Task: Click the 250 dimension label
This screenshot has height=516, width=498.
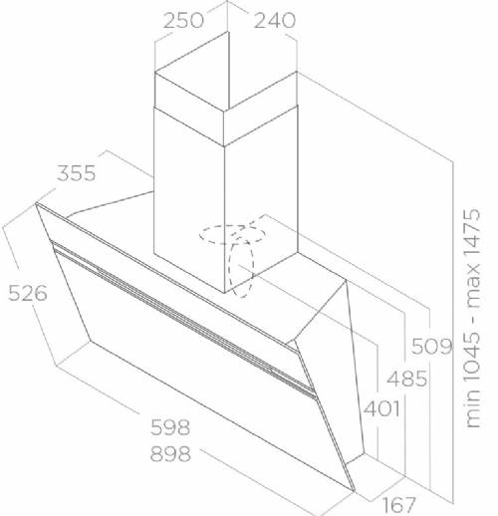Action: coord(183,21)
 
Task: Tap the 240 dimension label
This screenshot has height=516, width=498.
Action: coord(275,21)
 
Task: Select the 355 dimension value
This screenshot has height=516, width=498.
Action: coord(77,173)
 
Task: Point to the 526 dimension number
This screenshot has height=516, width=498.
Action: coord(28,293)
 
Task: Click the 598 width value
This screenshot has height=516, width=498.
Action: coord(170,427)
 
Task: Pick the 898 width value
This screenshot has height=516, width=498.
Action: coord(170,454)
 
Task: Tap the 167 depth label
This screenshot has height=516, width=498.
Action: coord(398,505)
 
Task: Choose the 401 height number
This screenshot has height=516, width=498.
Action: coord(381,408)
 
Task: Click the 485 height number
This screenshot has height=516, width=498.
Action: coord(407,379)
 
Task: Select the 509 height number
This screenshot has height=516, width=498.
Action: coord(431,347)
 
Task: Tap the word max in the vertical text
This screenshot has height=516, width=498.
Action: coord(473,286)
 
